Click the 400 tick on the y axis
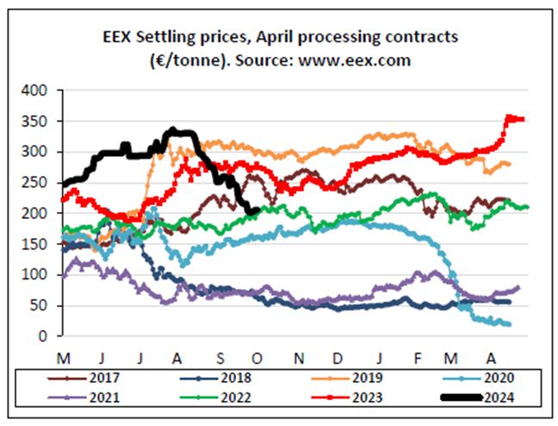[x=40, y=90]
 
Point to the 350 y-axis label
[x=40, y=121]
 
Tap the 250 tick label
[x=40, y=182]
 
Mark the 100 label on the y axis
[x=40, y=274]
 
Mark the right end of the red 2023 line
[x=523, y=120]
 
